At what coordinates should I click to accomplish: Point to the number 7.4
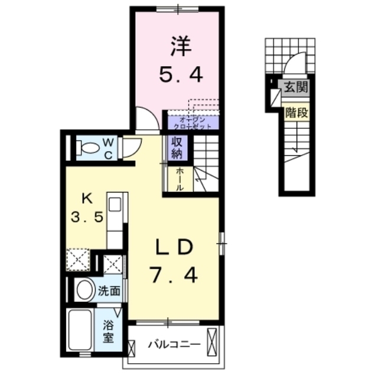point(172,274)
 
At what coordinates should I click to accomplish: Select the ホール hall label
point(179,178)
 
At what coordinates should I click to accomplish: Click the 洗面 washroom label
point(110,291)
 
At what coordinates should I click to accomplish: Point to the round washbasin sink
point(86,290)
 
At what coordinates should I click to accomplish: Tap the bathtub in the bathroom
point(80,334)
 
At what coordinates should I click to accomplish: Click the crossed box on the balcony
point(214,344)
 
